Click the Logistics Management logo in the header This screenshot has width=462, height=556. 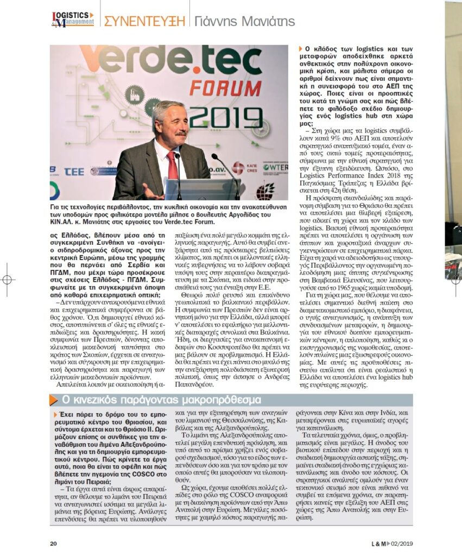click(72, 20)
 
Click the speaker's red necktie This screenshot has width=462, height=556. click(172, 165)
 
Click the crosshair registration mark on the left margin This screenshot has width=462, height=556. click(7, 280)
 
